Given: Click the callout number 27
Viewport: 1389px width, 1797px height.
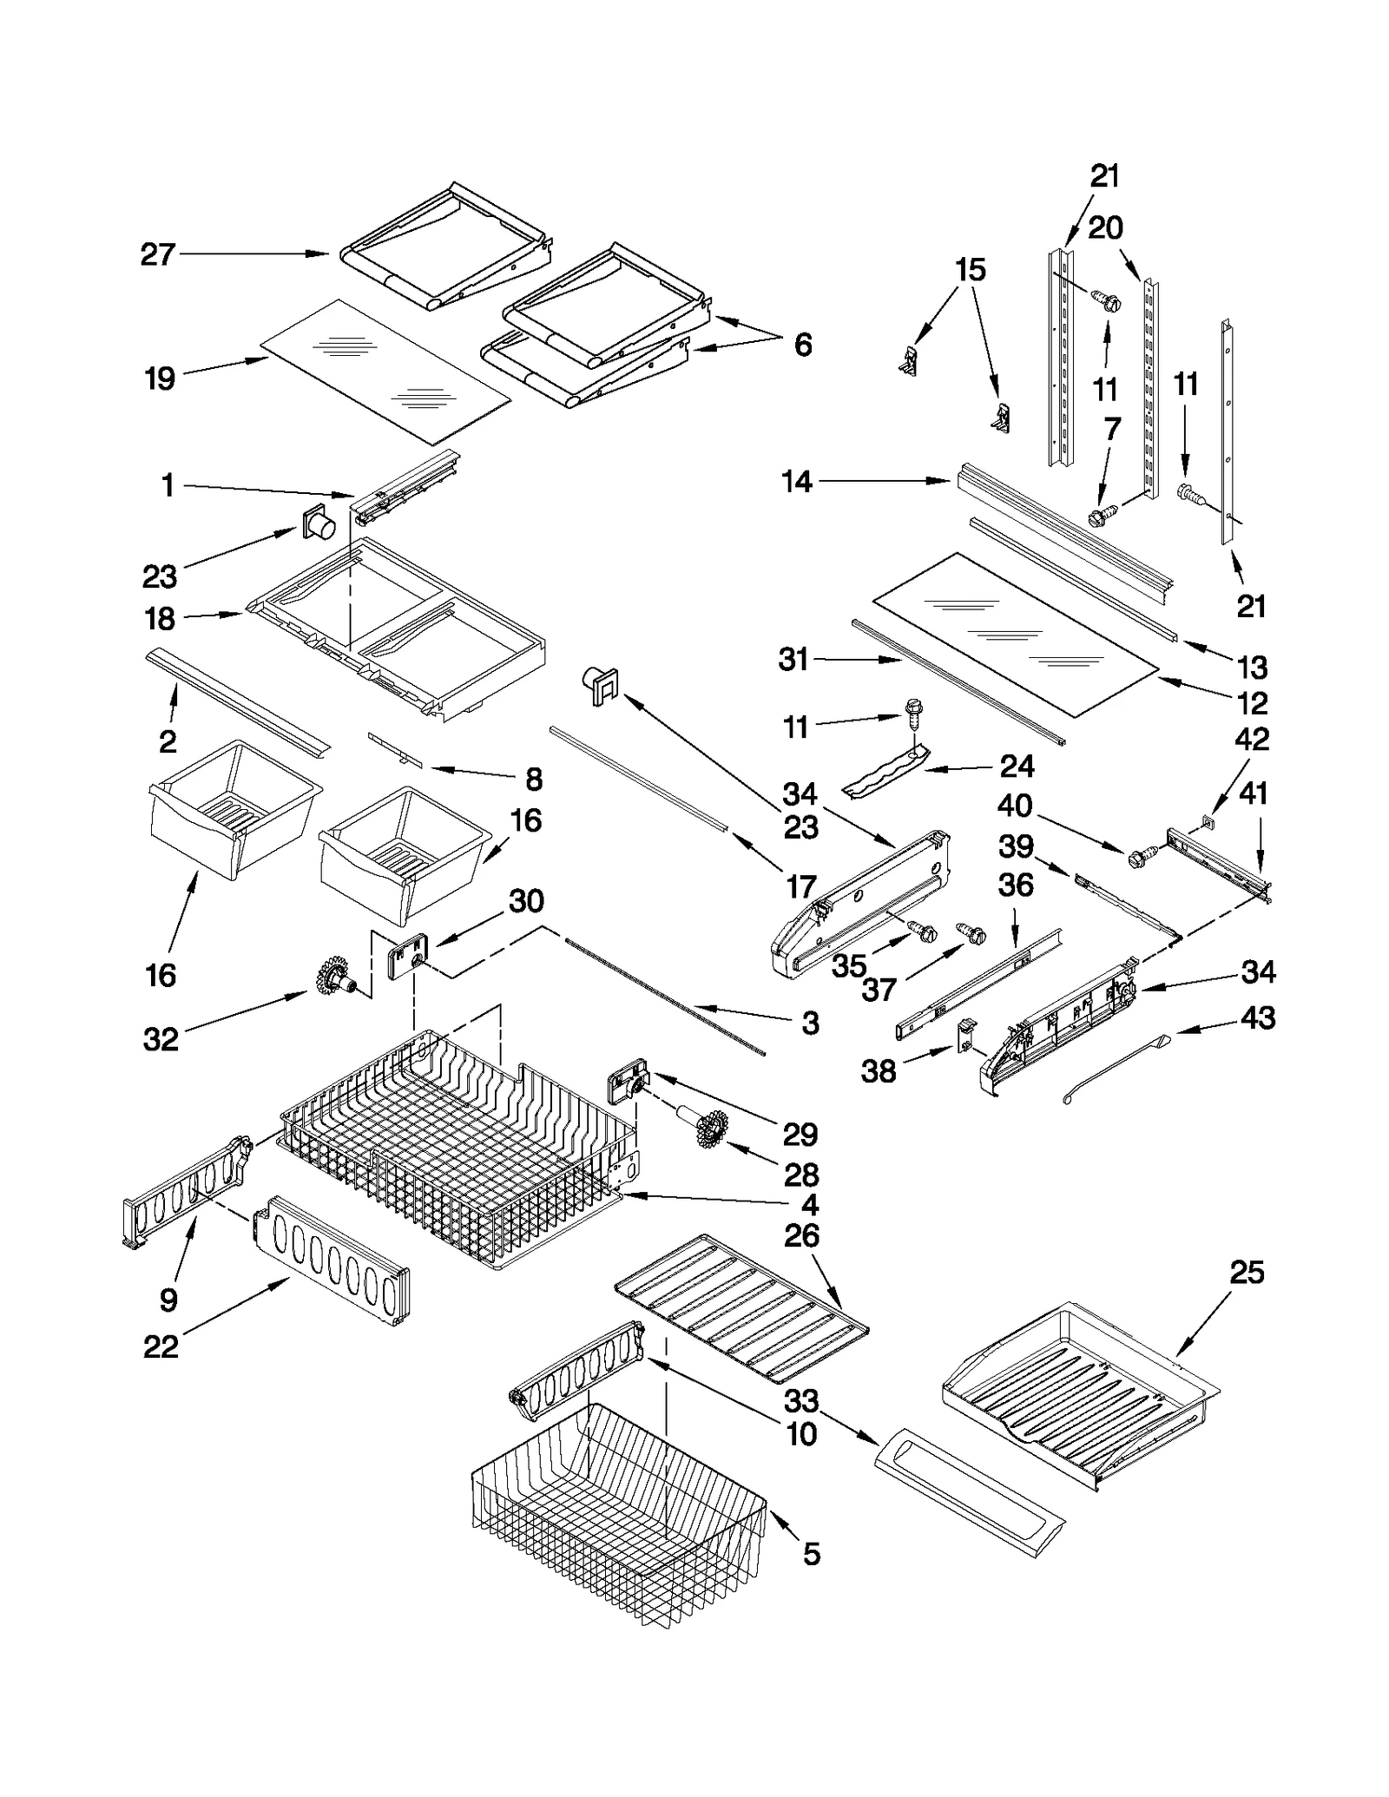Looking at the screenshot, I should pyautogui.click(x=158, y=254).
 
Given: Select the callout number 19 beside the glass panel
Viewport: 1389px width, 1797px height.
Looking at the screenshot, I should pyautogui.click(x=160, y=378).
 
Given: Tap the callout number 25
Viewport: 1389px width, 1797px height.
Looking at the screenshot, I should pyautogui.click(x=1247, y=1273).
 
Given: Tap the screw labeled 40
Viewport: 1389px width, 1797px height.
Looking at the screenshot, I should pyautogui.click(x=1138, y=856).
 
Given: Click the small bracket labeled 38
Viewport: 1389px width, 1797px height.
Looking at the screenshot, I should pyautogui.click(x=964, y=1036).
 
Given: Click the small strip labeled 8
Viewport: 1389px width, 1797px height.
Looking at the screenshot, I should pyautogui.click(x=396, y=749).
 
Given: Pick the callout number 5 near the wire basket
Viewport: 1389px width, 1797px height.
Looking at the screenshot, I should pyautogui.click(x=811, y=1554).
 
